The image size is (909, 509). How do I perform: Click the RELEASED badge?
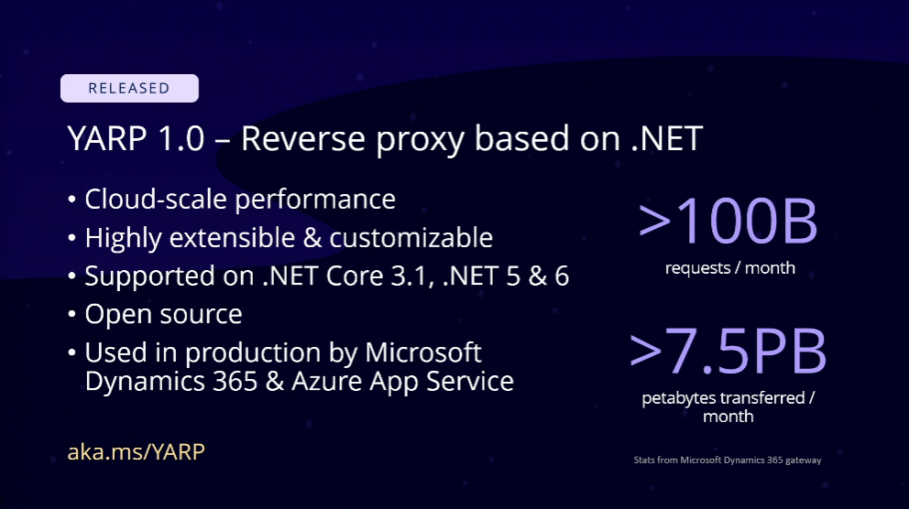[129, 88]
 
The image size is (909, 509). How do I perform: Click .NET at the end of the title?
[667, 138]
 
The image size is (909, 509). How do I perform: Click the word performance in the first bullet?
[315, 200]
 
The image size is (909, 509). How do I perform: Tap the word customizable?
[411, 237]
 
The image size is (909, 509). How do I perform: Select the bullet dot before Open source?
[71, 314]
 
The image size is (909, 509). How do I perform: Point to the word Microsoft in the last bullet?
[422, 352]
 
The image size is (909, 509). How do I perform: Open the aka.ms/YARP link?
[137, 451]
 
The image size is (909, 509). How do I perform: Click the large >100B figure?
[728, 222]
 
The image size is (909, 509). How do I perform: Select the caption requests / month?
[730, 268]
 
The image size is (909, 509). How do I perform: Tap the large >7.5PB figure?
[728, 352]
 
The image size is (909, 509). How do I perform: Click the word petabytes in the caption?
[676, 398]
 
